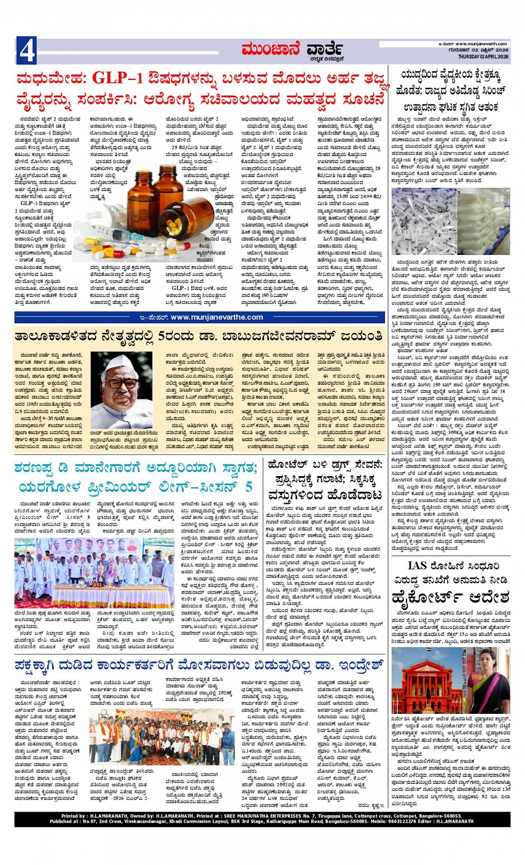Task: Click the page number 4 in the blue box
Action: click(x=26, y=52)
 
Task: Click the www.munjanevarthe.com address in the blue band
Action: click(x=217, y=317)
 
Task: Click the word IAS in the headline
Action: click(x=417, y=566)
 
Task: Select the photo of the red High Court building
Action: click(x=426, y=681)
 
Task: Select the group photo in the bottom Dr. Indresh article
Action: click(x=162, y=736)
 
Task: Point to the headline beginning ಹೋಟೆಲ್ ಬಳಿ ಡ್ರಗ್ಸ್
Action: click(x=325, y=463)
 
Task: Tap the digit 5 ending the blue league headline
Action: click(x=248, y=487)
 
